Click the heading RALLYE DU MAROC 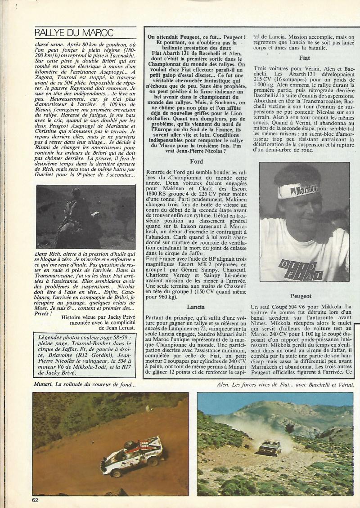tap(74, 32)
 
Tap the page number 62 tap(36, 499)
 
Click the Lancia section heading tap(197, 307)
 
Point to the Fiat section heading tap(304, 58)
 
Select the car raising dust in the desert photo tap(270, 447)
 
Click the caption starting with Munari tap(84, 384)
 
